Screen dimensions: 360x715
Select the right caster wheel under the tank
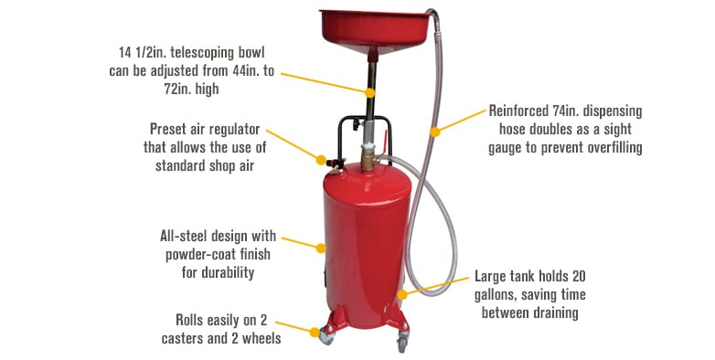tap(401, 344)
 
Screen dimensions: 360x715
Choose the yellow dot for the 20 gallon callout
tap(403, 294)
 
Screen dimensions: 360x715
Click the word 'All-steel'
tap(187, 237)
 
